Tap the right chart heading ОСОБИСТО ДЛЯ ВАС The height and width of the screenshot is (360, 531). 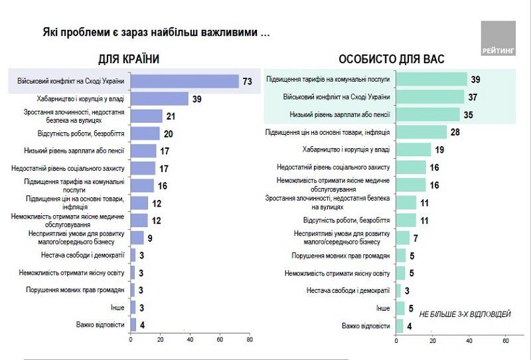tap(392, 59)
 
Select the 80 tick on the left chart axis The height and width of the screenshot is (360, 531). tap(249, 341)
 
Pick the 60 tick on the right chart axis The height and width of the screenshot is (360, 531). tap(506, 341)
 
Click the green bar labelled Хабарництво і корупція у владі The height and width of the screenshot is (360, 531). tap(413, 150)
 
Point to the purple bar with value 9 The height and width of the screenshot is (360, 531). tap(137, 238)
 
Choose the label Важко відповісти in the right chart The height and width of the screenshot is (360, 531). tap(365, 326)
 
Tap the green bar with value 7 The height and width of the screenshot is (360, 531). tap(402, 238)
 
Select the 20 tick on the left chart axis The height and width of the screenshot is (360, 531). tap(160, 341)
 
